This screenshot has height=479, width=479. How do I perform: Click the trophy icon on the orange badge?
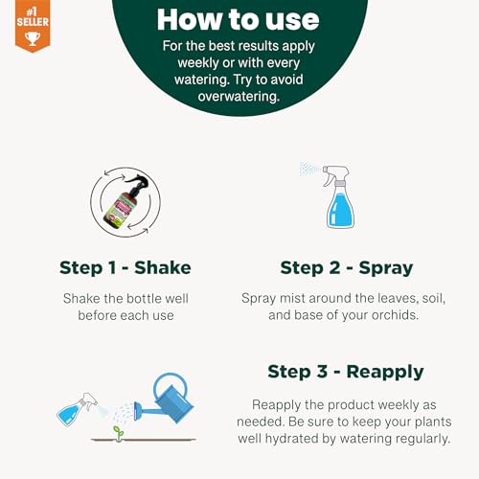tap(33, 38)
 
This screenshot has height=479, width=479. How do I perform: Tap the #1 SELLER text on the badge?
tap(33, 17)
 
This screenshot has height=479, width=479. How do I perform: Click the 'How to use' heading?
tap(238, 20)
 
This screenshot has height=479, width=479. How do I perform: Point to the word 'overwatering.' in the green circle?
tap(239, 96)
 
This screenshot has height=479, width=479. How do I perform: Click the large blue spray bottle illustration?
tap(338, 196)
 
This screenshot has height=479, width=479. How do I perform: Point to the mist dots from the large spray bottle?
tap(309, 169)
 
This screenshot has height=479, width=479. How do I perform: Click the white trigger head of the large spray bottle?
tap(337, 174)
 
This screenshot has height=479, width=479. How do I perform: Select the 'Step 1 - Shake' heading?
tap(125, 267)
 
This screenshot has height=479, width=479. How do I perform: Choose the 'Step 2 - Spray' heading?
tap(347, 268)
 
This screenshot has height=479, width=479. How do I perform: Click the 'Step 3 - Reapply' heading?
tap(346, 372)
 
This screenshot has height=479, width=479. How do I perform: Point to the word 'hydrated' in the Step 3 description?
tap(292, 439)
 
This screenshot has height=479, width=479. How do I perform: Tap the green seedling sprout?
tap(119, 433)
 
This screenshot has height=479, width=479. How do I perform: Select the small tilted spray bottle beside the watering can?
tap(76, 409)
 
